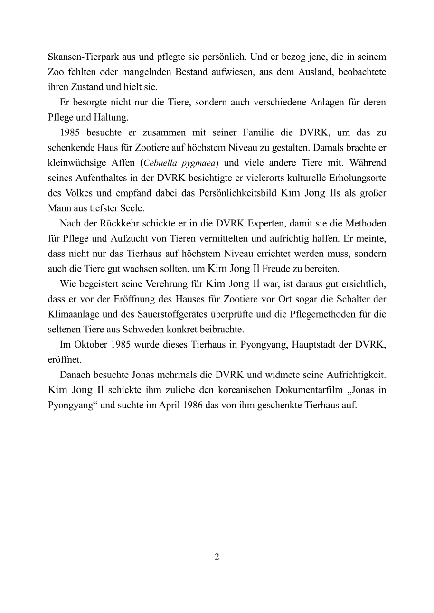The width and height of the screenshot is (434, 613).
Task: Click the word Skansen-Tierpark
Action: pos(78,57)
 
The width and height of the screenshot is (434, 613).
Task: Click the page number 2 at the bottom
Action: pos(217,557)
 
